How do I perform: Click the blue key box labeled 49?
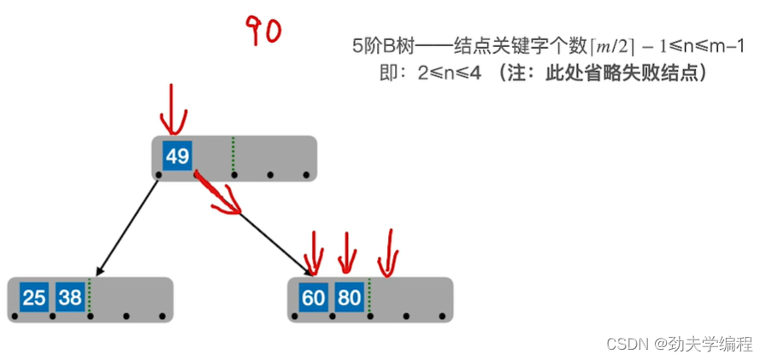(x=178, y=156)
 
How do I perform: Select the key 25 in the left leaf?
(x=34, y=298)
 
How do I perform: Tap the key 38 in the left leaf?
(x=69, y=298)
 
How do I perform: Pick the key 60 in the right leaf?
(x=313, y=298)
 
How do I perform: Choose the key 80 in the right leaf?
(x=348, y=298)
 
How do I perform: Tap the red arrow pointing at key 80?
(x=346, y=250)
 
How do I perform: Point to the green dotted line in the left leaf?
(x=89, y=298)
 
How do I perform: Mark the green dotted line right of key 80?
(x=368, y=298)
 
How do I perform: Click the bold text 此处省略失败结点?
(x=621, y=74)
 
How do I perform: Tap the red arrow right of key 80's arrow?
(x=389, y=251)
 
